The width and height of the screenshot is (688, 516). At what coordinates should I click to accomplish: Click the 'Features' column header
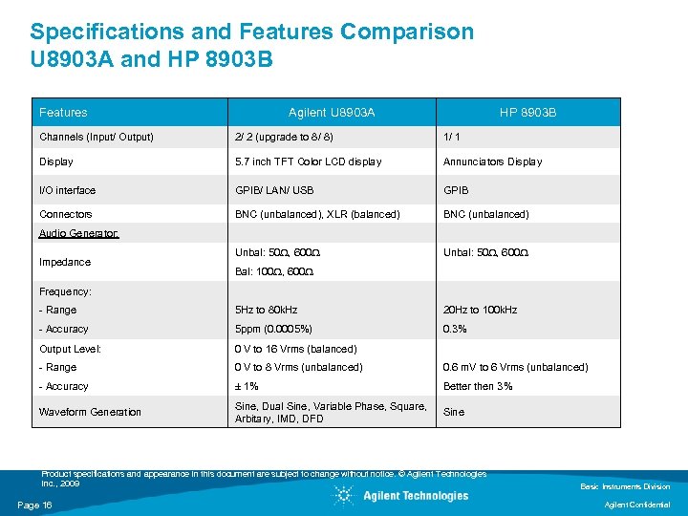pos(63,113)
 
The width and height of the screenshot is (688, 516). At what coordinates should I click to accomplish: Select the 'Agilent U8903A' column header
pos(332,113)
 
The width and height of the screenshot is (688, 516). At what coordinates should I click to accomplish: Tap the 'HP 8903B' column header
pos(527,113)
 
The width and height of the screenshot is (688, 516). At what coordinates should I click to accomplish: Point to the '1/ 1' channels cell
pos(452,137)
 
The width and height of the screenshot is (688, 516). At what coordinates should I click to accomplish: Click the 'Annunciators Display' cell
pos(492,161)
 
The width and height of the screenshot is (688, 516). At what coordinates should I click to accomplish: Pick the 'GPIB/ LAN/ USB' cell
pos(274,190)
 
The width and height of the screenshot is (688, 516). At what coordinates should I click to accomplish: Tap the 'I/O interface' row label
pos(67,190)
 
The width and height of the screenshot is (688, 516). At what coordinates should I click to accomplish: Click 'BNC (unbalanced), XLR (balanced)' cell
pos(317,214)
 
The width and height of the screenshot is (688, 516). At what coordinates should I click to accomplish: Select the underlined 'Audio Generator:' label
pos(79,233)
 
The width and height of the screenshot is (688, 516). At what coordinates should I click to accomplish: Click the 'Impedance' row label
pos(65,262)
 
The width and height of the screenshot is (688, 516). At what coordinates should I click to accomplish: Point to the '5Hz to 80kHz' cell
pos(267,310)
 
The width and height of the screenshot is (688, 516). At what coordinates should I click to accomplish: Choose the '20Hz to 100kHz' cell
pos(480,310)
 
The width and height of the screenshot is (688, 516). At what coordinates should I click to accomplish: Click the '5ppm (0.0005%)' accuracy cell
pos(274,329)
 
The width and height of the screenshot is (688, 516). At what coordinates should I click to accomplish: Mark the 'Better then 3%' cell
pos(478,386)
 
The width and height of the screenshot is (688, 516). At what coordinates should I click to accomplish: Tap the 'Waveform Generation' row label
pos(90,412)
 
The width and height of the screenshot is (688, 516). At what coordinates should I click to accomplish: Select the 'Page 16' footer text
pos(34,505)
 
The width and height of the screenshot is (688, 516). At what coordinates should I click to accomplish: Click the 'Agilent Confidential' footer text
pos(637,505)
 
